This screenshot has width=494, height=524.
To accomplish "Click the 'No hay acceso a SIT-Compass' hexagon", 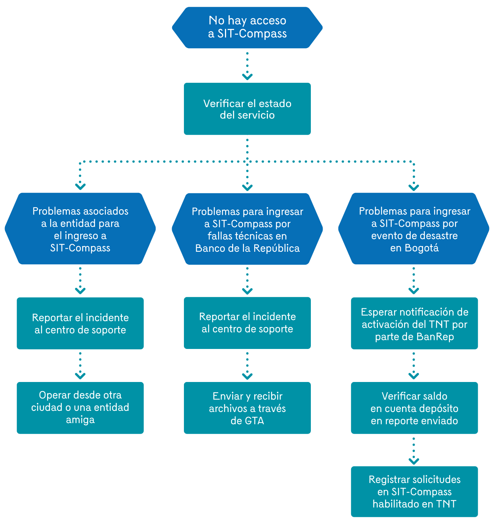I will click(247, 27).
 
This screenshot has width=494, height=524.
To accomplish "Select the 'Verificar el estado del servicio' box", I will click(247, 109).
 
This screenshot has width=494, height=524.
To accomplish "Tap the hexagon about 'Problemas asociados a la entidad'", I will click(80, 229).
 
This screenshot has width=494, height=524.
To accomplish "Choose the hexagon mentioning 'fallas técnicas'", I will click(247, 229).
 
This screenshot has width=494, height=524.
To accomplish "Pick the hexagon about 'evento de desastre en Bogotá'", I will click(414, 229).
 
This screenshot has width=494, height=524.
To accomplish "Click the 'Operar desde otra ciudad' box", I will click(80, 408).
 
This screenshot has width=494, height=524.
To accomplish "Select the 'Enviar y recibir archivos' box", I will click(247, 408).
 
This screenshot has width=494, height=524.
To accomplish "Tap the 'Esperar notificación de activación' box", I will click(414, 324).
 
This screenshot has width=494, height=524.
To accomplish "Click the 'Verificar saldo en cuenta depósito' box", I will click(414, 408).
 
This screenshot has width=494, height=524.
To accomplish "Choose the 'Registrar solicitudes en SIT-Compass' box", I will click(414, 492).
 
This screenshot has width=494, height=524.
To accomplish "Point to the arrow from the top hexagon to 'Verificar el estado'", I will click(247, 66).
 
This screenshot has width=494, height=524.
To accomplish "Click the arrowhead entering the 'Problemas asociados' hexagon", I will click(80, 186).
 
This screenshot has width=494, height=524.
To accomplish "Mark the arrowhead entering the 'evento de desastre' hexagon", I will click(414, 187).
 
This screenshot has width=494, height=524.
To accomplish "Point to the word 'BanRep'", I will click(435, 337).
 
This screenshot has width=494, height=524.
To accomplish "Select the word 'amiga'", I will click(80, 420).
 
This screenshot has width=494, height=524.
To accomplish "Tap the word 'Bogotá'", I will click(422, 248).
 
